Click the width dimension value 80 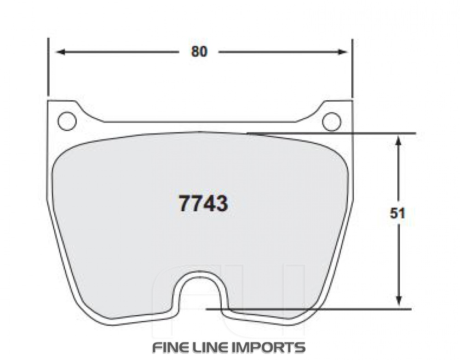pos(200,52)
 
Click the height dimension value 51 pos(398,214)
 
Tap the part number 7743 pos(203,203)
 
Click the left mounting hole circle pos(67,121)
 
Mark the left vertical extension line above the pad pos(47,69)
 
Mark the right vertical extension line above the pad pos(352,69)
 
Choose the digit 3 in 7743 pos(221,203)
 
